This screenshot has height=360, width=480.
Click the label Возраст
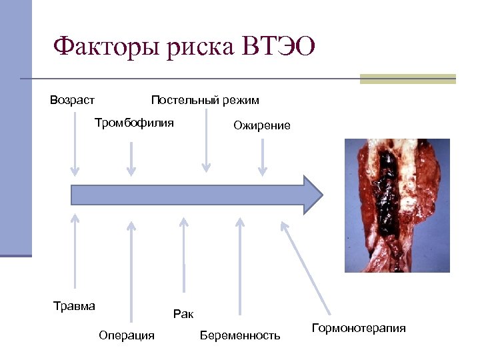tap(72, 101)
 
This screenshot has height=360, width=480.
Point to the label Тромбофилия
tap(134, 123)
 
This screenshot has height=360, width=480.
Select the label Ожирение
tap(261, 125)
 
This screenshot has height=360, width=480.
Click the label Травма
tap(74, 306)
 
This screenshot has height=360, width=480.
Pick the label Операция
tap(126, 335)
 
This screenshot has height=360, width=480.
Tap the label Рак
tap(183, 313)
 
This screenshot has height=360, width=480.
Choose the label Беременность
tap(240, 335)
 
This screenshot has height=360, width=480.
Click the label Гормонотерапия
tap(359, 329)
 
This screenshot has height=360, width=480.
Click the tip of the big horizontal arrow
tap(321, 195)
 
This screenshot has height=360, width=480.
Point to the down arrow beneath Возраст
tap(75, 143)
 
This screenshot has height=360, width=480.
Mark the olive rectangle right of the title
tap(407, 79)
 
